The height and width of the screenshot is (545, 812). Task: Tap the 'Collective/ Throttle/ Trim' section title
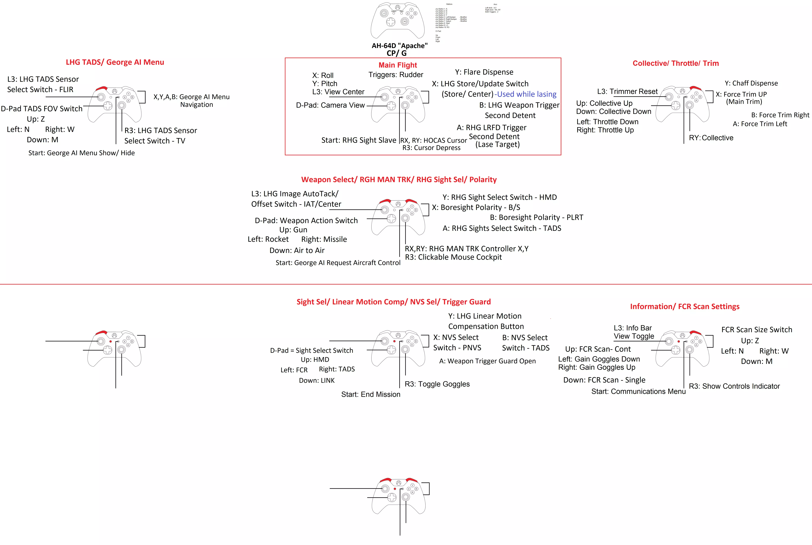click(675, 63)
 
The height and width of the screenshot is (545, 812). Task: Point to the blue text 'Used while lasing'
click(527, 94)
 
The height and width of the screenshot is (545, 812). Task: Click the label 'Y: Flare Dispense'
click(484, 72)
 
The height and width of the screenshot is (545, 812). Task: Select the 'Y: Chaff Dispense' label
click(751, 83)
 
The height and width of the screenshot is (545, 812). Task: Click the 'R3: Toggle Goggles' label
click(437, 384)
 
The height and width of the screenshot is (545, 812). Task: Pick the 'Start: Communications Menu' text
click(638, 391)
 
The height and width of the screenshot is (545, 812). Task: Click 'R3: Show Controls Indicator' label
click(734, 386)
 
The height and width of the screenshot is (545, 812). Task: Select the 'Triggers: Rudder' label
click(396, 75)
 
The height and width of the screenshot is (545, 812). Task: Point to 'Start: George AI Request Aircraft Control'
click(338, 263)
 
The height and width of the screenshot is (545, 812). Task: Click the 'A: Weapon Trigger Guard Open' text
click(487, 361)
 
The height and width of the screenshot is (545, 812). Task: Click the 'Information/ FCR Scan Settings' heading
click(685, 307)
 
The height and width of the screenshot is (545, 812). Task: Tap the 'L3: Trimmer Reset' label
click(627, 91)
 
